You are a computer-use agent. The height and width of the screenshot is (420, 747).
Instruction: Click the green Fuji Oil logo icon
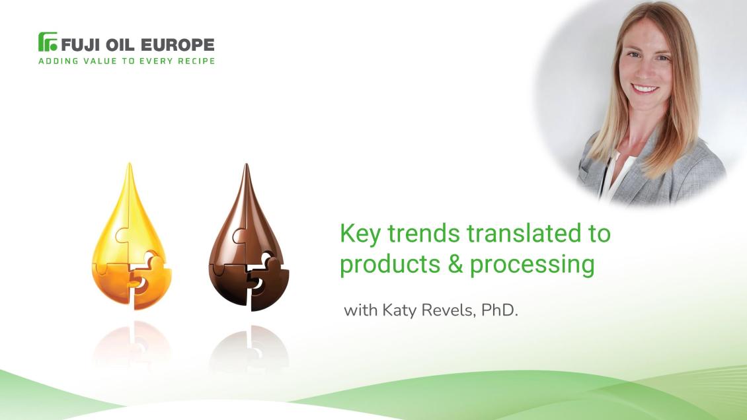tap(48, 42)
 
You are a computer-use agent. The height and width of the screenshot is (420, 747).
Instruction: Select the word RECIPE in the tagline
tap(194, 61)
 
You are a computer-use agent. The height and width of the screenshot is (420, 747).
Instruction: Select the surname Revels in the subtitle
tap(448, 309)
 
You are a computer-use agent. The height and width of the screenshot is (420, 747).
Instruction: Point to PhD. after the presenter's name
tap(500, 309)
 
